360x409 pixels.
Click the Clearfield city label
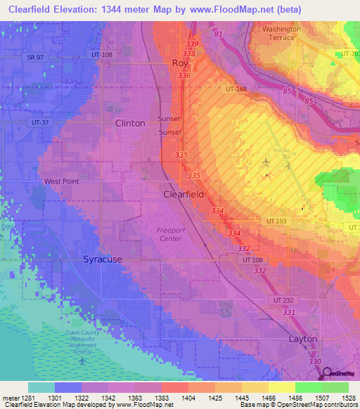pos(184,194)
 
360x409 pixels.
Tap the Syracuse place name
pos(103,259)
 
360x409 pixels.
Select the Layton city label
pos(303,339)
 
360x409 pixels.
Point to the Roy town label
pos(181,63)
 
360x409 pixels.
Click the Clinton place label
pos(130,123)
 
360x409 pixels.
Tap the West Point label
pos(61,181)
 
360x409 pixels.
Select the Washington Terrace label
pos(281,34)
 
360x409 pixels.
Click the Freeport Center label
pos(169,234)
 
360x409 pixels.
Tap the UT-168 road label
pos(236,89)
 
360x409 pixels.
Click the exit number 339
pos(192,44)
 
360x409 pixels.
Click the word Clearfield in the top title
pos(29,10)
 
